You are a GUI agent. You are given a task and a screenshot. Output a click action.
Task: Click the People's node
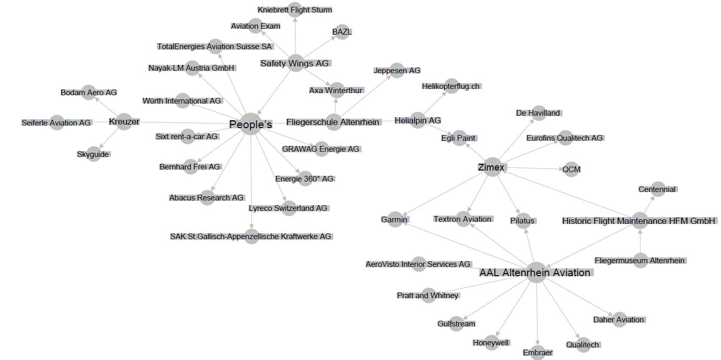(x=251, y=124)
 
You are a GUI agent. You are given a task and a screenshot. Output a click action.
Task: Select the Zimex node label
(x=491, y=167)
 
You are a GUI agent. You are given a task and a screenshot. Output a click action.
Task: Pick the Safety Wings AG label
(x=295, y=63)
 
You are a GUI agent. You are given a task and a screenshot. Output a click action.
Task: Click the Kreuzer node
(x=124, y=121)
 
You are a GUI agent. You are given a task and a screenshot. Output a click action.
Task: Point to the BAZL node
(x=342, y=31)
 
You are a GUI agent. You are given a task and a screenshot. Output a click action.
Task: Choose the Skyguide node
(x=93, y=154)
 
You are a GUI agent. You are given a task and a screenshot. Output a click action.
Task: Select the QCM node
(x=571, y=169)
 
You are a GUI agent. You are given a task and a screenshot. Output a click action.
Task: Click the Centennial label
(x=657, y=189)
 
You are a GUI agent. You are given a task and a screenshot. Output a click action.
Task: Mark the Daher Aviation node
(x=619, y=319)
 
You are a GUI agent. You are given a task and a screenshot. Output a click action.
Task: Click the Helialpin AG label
(x=418, y=120)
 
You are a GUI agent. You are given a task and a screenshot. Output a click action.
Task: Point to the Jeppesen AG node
(x=397, y=70)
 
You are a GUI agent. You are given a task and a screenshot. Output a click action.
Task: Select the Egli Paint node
(x=459, y=138)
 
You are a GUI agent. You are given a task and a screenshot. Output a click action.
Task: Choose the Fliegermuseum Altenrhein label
(x=639, y=261)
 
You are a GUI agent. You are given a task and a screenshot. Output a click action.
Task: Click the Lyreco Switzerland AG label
(x=288, y=208)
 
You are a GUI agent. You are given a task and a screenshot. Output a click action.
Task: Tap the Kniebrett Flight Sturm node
(x=295, y=9)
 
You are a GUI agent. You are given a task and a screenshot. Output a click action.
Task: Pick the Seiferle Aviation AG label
(x=56, y=123)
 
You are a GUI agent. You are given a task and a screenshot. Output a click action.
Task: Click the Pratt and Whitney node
(x=428, y=296)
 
